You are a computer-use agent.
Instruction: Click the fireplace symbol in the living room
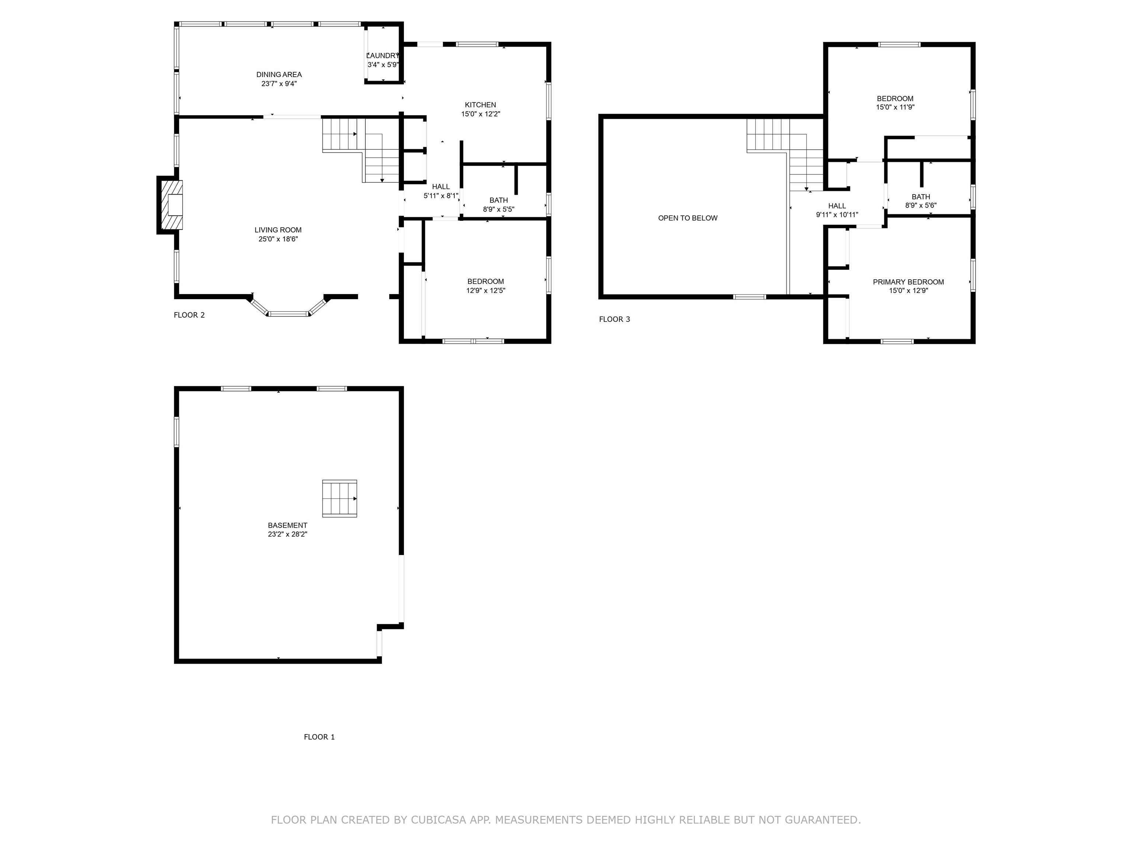tap(171, 205)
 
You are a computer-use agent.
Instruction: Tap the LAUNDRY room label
tap(382, 56)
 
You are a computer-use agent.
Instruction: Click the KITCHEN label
tap(480, 105)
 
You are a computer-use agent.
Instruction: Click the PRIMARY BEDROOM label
tap(908, 282)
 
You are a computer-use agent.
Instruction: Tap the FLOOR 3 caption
tap(614, 319)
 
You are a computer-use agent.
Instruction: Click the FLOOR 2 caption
tap(189, 315)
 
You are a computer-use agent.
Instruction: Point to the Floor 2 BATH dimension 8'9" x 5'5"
tap(499, 209)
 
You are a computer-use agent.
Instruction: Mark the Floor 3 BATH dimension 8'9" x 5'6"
tap(920, 206)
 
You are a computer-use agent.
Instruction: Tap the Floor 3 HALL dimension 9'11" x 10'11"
tap(837, 215)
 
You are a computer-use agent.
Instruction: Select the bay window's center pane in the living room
tap(288, 314)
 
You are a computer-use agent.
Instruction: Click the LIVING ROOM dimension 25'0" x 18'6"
tap(278, 239)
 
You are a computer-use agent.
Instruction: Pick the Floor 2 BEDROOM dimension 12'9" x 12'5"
tap(485, 291)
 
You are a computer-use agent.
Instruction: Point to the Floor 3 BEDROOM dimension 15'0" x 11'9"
tap(895, 108)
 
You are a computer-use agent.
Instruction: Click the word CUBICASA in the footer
tap(438, 820)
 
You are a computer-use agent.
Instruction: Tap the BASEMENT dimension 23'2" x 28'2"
tap(287, 534)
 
